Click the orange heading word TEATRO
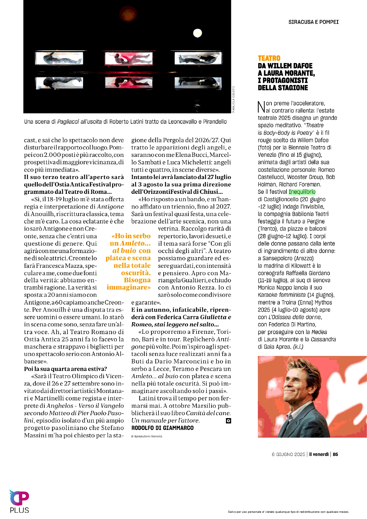coord(269,58)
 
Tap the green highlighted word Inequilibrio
coord(302,192)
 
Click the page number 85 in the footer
coord(335,454)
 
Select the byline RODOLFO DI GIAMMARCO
coord(162,428)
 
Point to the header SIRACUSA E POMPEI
coord(313,22)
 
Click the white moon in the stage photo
coord(197,33)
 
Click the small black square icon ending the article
coord(228,421)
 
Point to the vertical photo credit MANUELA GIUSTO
coord(233,99)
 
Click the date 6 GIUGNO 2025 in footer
coord(288,454)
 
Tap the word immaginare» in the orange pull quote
coord(129,287)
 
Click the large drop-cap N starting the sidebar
coord(261,107)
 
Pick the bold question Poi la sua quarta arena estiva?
coord(65,369)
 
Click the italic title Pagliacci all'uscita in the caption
coord(79,122)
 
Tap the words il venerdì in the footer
coord(319,454)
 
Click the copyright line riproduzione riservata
coord(147,436)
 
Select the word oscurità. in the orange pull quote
coord(136,273)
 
